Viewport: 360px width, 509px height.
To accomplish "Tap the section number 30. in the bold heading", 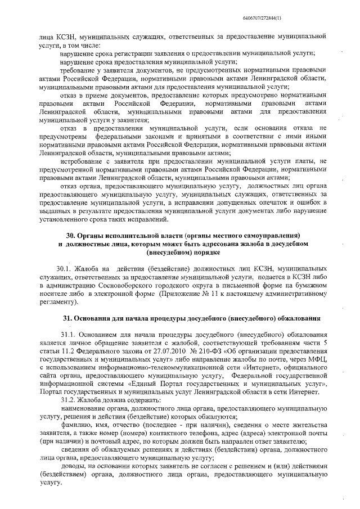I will [70, 234].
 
